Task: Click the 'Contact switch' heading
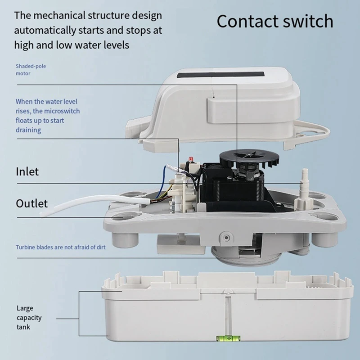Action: (x=275, y=21)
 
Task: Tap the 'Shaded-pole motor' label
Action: (x=31, y=70)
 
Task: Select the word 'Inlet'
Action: (x=27, y=171)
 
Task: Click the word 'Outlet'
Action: (x=31, y=203)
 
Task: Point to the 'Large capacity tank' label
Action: (x=29, y=318)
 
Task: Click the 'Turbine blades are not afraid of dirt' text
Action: (x=61, y=247)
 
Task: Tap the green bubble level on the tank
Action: (x=228, y=338)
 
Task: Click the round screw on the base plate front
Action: (x=226, y=238)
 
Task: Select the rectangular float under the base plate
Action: (x=181, y=244)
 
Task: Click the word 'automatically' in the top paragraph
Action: (x=45, y=31)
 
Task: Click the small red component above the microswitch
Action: (x=190, y=159)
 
